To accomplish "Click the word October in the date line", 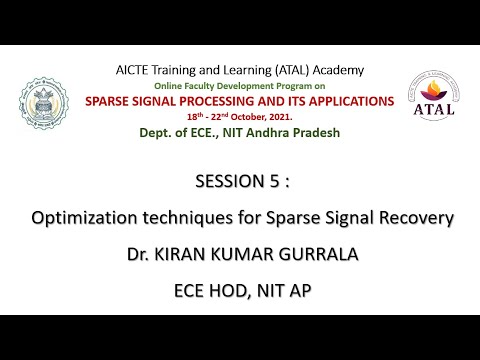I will click(266, 117).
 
